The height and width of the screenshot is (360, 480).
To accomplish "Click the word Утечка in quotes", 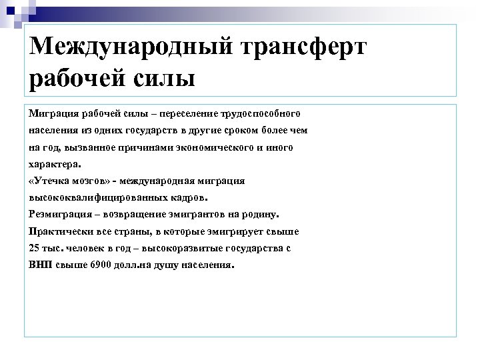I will pyautogui.click(x=51, y=181).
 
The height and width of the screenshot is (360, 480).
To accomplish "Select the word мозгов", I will pyautogui.click(x=91, y=181).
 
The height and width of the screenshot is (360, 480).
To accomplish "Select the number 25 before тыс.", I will pyautogui.click(x=35, y=249).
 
